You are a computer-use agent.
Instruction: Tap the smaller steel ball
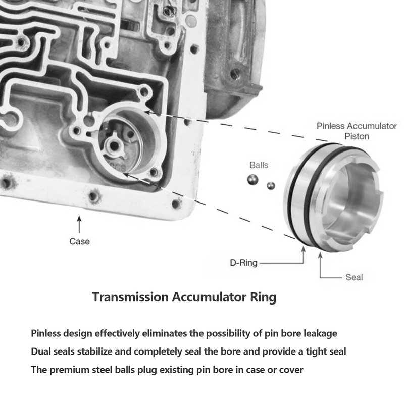click(x=271, y=185)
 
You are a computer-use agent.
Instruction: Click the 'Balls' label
click(x=259, y=165)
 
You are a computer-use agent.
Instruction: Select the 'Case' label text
click(x=79, y=241)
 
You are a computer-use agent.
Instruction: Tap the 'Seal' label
click(x=354, y=277)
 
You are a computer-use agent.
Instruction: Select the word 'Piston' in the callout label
click(x=357, y=136)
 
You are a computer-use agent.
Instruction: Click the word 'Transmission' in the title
click(x=129, y=297)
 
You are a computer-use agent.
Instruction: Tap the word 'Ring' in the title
click(x=264, y=297)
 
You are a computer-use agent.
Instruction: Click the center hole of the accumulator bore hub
click(x=116, y=146)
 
